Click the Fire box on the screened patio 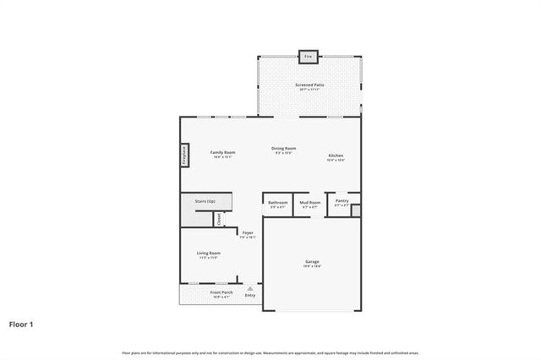[308, 56]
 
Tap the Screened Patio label [309, 85]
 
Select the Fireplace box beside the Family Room [183, 155]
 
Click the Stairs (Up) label [205, 202]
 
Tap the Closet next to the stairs [218, 218]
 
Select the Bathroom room [278, 204]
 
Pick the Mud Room [311, 204]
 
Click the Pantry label [342, 201]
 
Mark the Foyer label [248, 233]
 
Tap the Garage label [312, 262]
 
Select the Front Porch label [221, 292]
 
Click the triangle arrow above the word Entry [249, 288]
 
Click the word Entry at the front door [249, 295]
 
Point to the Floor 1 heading [22, 324]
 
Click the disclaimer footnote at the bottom [270, 352]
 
